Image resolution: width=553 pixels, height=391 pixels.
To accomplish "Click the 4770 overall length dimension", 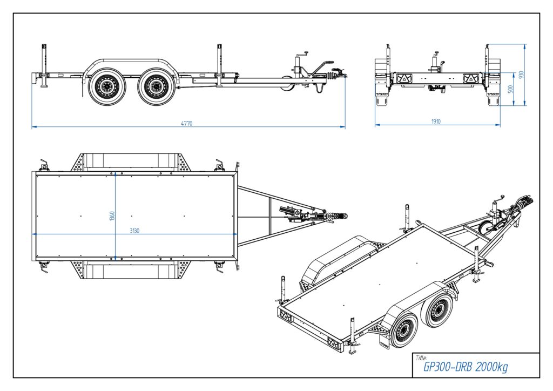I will point(187,124).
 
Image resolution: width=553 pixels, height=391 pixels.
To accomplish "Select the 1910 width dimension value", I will point(436,122).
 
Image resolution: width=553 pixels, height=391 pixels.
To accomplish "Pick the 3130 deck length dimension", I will point(134,231).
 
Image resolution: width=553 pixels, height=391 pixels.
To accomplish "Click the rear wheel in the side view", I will point(107,86).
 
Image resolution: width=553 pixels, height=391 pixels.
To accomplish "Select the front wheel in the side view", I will point(157,86).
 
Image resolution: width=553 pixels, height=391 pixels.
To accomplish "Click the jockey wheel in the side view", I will point(288,84).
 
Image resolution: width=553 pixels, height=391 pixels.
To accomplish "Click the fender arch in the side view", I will point(130,62).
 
